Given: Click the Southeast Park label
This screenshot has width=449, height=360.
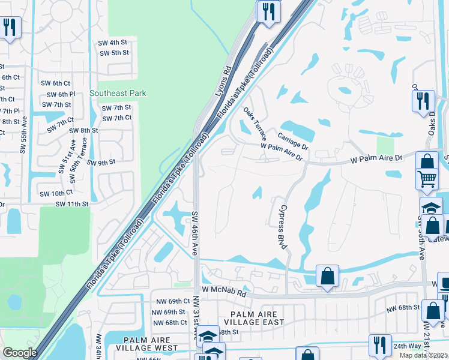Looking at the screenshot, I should point(118,93).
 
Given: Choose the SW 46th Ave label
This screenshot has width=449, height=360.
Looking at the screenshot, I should point(194,234).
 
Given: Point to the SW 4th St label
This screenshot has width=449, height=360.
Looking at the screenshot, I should point(113,42).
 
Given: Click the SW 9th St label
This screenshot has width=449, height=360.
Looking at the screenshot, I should point(101,162).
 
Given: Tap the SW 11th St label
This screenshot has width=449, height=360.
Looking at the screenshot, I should point(72,204).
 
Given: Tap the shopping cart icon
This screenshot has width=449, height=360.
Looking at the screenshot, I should point(427,177).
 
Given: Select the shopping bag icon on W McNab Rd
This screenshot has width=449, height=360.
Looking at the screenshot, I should point(327,277).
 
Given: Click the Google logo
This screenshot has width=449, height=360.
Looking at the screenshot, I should point(20,353).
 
